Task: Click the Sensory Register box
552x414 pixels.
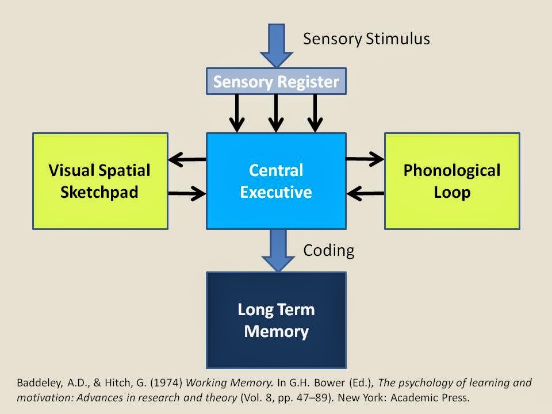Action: pyautogui.click(x=276, y=81)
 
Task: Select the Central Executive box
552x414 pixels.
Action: pyautogui.click(x=276, y=181)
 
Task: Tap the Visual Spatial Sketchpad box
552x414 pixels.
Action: pyautogui.click(x=100, y=181)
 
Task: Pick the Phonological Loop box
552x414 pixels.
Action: pyautogui.click(x=452, y=181)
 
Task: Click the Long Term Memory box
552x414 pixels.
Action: pyautogui.click(x=276, y=320)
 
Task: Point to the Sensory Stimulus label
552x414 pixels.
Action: pyautogui.click(x=366, y=39)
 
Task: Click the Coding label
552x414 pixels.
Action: pyautogui.click(x=329, y=251)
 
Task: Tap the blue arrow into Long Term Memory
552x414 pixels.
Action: pyautogui.click(x=278, y=251)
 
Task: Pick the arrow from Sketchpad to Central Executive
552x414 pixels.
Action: pyautogui.click(x=187, y=193)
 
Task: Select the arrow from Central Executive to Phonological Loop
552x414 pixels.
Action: pyautogui.click(x=365, y=159)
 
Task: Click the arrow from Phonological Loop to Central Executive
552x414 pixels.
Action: pyautogui.click(x=365, y=193)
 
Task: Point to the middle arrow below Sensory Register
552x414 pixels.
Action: pyautogui.click(x=276, y=113)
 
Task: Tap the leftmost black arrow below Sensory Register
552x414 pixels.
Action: pyautogui.click(x=237, y=113)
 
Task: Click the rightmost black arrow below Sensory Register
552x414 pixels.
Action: pyautogui.click(x=315, y=113)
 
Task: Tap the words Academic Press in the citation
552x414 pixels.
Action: pyautogui.click(x=430, y=398)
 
